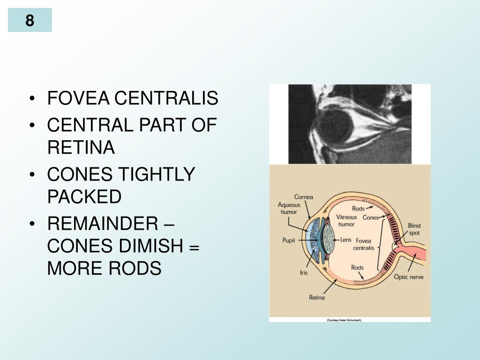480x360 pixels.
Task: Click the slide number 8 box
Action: coord(30,21)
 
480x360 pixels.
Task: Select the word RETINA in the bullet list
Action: coord(81,148)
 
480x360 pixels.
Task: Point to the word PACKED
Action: coord(84,197)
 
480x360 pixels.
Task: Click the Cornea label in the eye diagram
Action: coord(303,197)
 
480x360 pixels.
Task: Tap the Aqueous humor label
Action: coord(289,208)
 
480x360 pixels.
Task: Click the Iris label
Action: coord(304,272)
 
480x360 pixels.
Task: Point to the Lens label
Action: coord(345,240)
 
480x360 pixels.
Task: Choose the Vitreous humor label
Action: coord(346,220)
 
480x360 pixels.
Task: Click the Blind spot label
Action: coord(414,229)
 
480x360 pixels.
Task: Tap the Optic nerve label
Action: coord(408,277)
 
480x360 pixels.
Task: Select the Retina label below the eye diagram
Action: coord(317,297)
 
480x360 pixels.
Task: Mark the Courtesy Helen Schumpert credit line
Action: coord(344,320)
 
